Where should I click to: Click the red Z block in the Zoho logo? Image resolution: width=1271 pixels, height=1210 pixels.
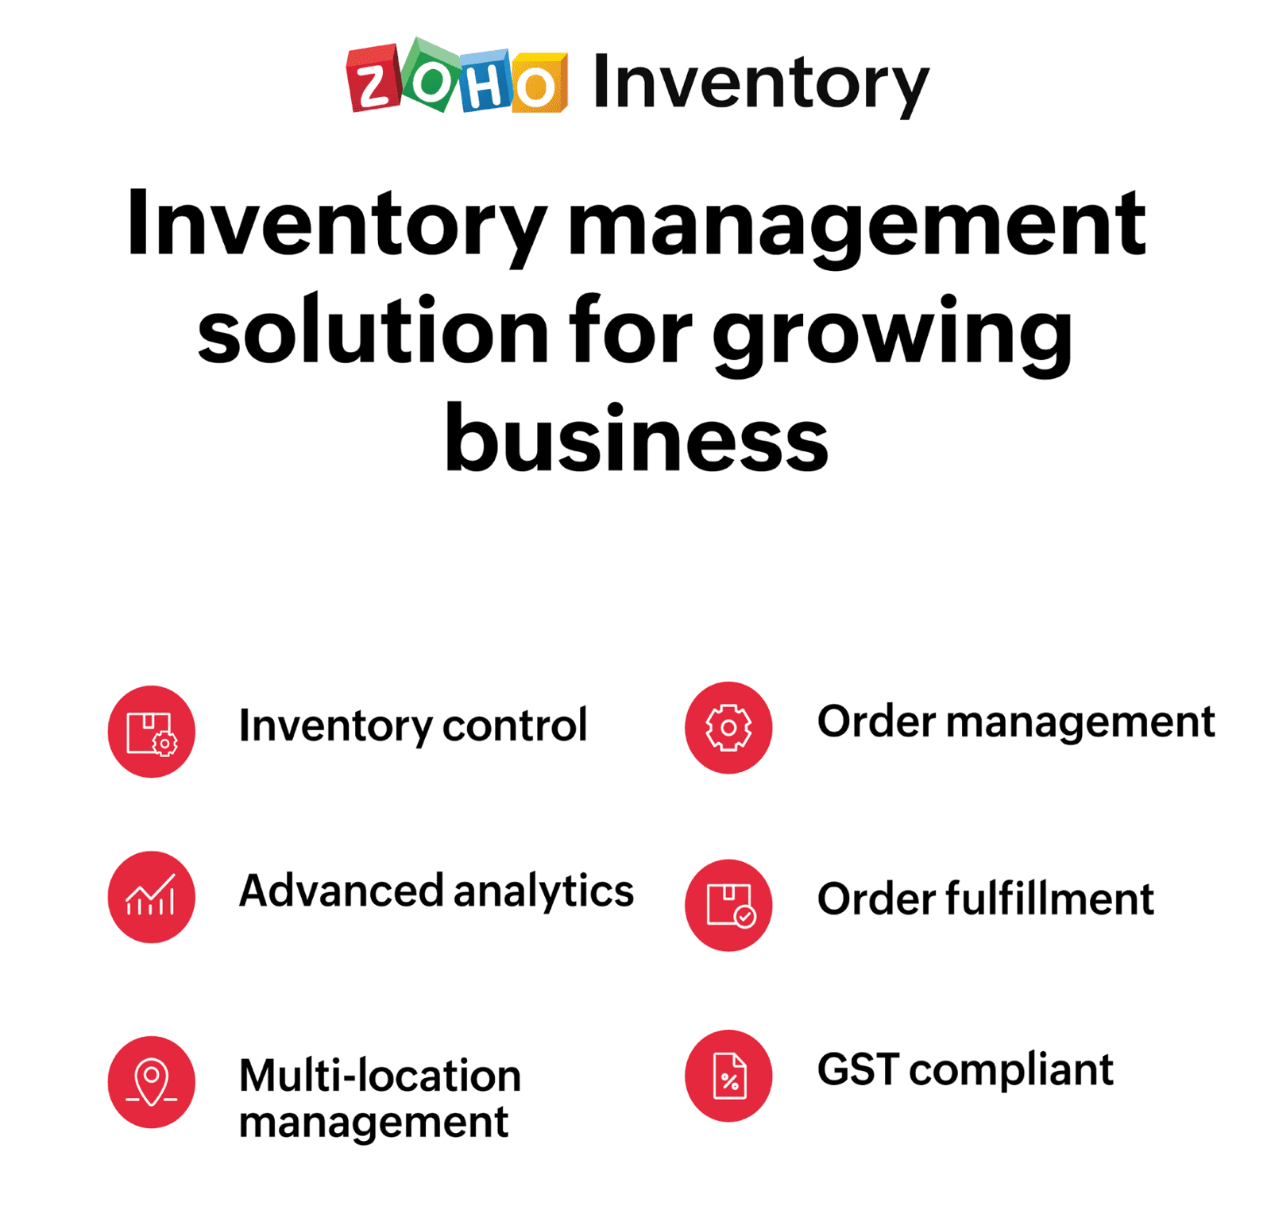(372, 79)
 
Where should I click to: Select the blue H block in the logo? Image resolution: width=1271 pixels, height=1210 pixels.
(484, 81)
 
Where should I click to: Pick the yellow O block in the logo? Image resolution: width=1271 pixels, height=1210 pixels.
(539, 83)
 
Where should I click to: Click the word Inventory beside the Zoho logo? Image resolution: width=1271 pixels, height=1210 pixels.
(760, 83)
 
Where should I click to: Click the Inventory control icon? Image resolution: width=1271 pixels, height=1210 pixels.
(152, 731)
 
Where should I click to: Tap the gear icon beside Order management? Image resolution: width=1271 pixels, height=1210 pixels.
(728, 727)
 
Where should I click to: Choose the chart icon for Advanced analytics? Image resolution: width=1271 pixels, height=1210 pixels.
(152, 896)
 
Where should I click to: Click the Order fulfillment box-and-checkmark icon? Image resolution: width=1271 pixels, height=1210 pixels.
(728, 904)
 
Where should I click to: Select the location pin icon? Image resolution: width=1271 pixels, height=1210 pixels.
(152, 1081)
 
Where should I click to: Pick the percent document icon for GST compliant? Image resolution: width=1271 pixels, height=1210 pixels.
(728, 1075)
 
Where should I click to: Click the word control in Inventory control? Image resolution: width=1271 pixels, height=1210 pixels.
(515, 725)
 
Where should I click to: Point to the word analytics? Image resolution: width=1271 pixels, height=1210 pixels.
(544, 891)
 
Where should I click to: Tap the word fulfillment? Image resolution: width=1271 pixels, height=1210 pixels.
(1049, 899)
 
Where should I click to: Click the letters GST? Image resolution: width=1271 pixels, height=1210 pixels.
(859, 1069)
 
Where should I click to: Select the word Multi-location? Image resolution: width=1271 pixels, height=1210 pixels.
(380, 1076)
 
